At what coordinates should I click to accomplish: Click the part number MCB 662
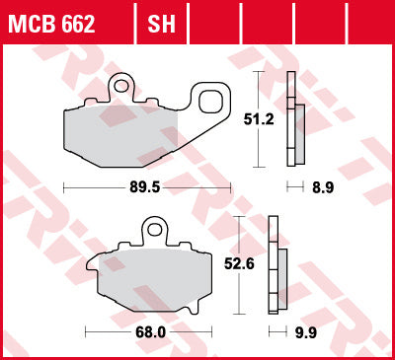(51, 24)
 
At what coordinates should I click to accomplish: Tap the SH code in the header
(161, 24)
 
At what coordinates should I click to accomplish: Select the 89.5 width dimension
(145, 187)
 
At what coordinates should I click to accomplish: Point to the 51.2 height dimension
(259, 119)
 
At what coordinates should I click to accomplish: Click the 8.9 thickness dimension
(323, 187)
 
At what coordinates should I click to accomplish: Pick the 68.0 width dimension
(150, 332)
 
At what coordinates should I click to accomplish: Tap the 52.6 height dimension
(239, 263)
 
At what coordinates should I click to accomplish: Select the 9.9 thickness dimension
(306, 332)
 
